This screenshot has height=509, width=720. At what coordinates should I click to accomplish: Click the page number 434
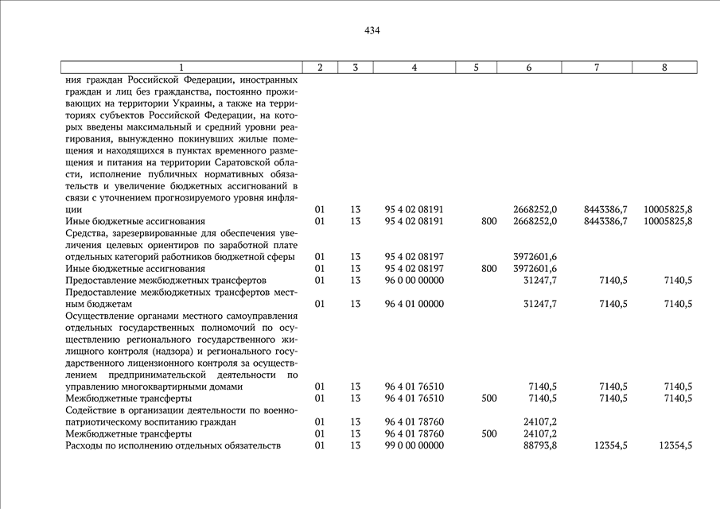pos(372,31)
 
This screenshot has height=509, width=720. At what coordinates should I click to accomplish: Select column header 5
pos(475,68)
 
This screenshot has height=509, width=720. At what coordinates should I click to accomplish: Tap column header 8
pos(664,68)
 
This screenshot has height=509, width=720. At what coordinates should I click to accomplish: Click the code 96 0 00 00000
pos(414,281)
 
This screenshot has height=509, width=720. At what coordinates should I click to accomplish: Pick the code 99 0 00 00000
pos(414,446)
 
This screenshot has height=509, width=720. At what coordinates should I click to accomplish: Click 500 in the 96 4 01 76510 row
pos(488,398)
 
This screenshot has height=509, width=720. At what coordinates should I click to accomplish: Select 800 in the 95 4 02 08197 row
pos(488,269)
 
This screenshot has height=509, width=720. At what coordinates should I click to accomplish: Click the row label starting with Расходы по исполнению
pos(173,446)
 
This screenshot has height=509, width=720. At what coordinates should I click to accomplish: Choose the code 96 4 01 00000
pos(414,304)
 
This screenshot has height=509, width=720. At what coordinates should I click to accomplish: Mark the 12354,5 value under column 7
pos(610,446)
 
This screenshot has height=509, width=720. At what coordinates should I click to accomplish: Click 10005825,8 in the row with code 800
pos(667,221)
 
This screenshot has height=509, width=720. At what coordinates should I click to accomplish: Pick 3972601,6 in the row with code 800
pos(535,269)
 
